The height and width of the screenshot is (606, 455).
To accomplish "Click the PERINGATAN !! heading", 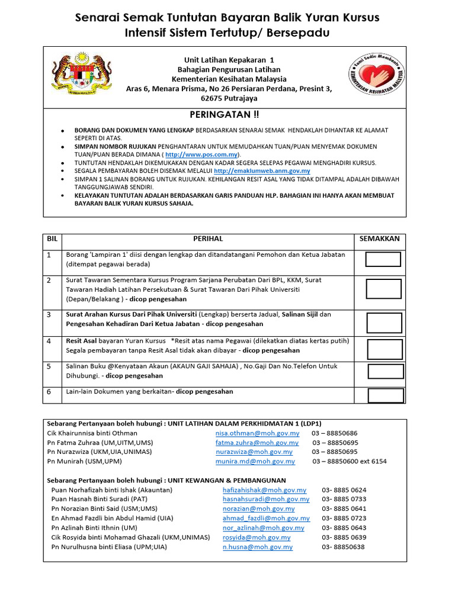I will (x=224, y=114).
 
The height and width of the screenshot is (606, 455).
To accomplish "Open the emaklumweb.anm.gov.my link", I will (x=262, y=170).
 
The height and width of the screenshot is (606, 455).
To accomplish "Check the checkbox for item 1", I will (x=383, y=259).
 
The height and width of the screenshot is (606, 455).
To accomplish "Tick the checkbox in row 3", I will (x=383, y=323).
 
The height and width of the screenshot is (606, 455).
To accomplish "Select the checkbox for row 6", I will (x=385, y=395).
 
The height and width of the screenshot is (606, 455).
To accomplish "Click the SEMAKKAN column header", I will (x=380, y=238).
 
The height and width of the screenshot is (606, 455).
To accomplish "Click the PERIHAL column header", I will (x=208, y=238).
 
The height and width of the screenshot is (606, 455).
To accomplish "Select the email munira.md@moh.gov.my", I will (x=255, y=461).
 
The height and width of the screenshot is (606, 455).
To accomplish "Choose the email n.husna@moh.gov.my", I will (x=257, y=547).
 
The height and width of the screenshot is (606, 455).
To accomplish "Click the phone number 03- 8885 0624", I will (x=344, y=490).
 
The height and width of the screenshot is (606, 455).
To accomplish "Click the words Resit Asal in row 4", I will (x=81, y=341).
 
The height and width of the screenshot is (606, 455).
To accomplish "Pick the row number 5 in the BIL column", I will (x=49, y=366).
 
